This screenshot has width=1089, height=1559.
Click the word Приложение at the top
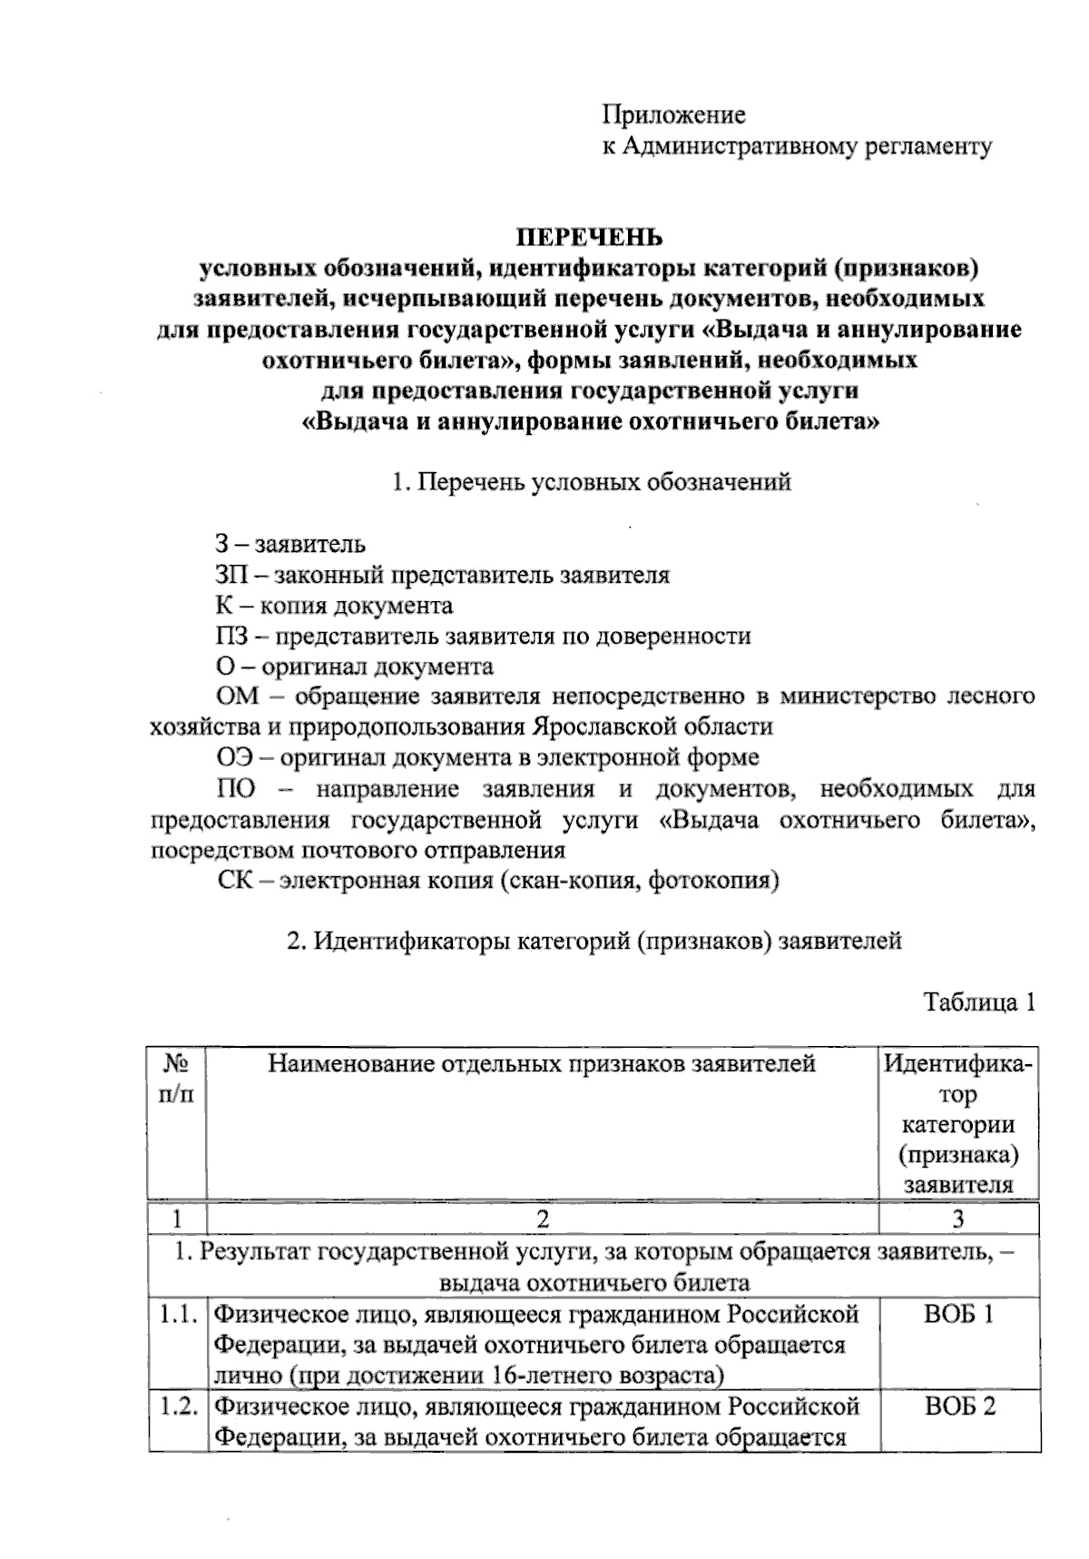click(673, 115)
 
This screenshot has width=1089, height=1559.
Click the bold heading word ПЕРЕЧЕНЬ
click(590, 238)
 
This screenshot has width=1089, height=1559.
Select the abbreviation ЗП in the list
click(231, 575)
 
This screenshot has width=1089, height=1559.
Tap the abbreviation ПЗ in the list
click(231, 636)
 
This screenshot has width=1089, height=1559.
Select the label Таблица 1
click(978, 1002)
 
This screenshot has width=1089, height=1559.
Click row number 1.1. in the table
click(179, 1314)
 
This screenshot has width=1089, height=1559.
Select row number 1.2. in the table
click(179, 1406)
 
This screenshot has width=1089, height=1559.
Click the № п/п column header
click(178, 1078)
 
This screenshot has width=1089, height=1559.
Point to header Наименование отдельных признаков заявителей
click(542, 1063)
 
